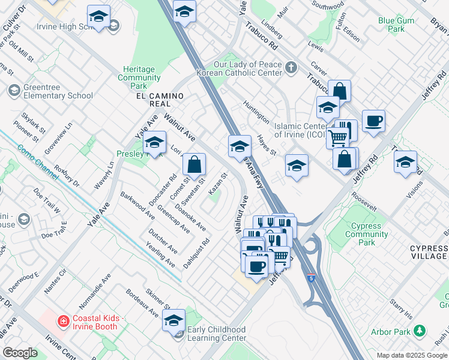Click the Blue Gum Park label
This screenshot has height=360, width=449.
pyautogui.click(x=396, y=25)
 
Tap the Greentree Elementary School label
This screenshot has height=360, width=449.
pyautogui.click(x=58, y=91)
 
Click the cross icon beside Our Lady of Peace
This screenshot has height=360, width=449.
pyautogui.click(x=292, y=67)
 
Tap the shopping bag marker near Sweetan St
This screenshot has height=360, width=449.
pyautogui.click(x=194, y=163)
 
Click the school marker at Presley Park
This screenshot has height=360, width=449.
pyautogui.click(x=154, y=142)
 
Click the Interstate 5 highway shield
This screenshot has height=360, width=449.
pyautogui.click(x=310, y=278)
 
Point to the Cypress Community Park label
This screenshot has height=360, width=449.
pyautogui.click(x=367, y=234)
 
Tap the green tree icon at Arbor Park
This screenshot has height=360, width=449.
pyautogui.click(x=420, y=331)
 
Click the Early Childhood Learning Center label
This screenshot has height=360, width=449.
pyautogui.click(x=217, y=334)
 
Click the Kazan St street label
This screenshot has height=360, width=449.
pyautogui.click(x=218, y=184)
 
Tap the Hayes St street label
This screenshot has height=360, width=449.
pyautogui.click(x=266, y=145)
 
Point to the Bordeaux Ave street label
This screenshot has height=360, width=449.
pyautogui.click(x=142, y=304)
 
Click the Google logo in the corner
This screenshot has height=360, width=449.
pyautogui.click(x=20, y=353)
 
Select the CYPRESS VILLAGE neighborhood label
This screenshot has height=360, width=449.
pyautogui.click(x=429, y=252)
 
